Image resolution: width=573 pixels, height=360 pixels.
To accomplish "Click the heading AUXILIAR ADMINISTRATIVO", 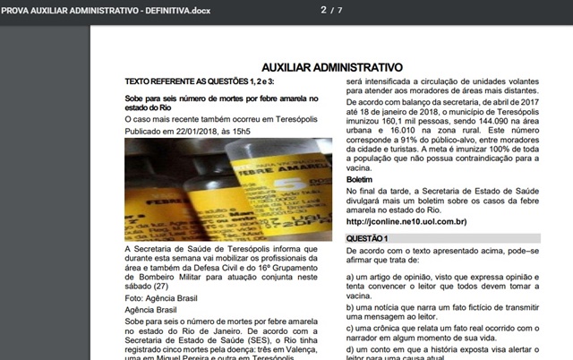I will pyautogui.click(x=331, y=67).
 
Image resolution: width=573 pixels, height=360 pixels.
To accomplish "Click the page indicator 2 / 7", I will pyautogui.click(x=331, y=11).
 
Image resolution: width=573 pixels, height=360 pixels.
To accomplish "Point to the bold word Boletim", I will pyautogui.click(x=360, y=180).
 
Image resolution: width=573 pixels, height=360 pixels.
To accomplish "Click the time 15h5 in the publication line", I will pyautogui.click(x=239, y=131).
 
